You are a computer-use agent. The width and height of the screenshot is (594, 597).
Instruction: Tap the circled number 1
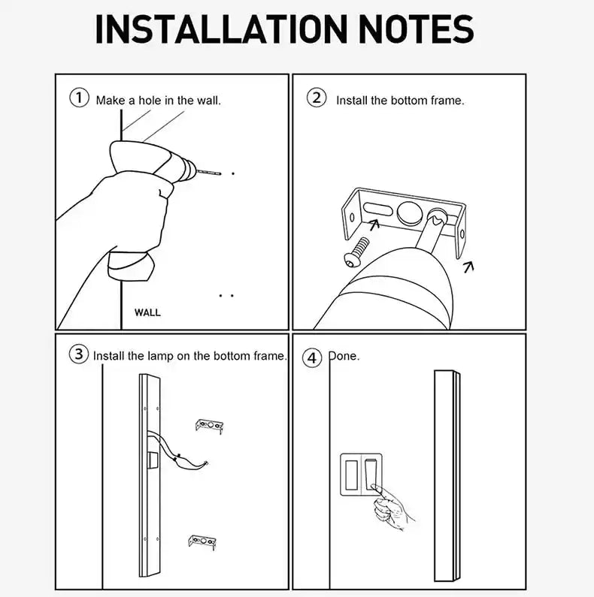click(x=79, y=98)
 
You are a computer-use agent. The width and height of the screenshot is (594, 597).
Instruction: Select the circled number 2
click(x=317, y=98)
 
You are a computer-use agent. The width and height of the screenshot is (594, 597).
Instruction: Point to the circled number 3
click(x=78, y=354)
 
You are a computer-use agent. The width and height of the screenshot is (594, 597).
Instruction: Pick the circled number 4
click(x=312, y=358)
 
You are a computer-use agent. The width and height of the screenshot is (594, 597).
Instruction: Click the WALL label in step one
click(x=147, y=312)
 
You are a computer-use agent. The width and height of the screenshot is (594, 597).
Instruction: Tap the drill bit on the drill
click(x=209, y=173)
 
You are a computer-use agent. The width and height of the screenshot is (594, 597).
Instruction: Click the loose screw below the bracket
click(x=356, y=252)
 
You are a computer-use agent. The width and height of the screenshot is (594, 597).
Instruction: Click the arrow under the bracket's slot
click(x=374, y=225)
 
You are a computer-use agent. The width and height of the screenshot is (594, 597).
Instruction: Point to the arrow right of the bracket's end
click(x=468, y=267)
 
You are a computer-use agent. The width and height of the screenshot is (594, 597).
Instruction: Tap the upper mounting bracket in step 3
click(x=209, y=426)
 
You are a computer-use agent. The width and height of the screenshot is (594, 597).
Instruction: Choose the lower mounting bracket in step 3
click(x=202, y=542)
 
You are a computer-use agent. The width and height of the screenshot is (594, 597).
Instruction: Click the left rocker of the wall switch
click(x=351, y=475)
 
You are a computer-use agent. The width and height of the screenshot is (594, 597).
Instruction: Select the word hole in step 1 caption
click(x=150, y=101)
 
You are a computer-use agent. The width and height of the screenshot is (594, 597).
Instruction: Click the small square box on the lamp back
click(x=153, y=459)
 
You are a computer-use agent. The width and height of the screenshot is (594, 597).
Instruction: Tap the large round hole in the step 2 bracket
click(x=410, y=212)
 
